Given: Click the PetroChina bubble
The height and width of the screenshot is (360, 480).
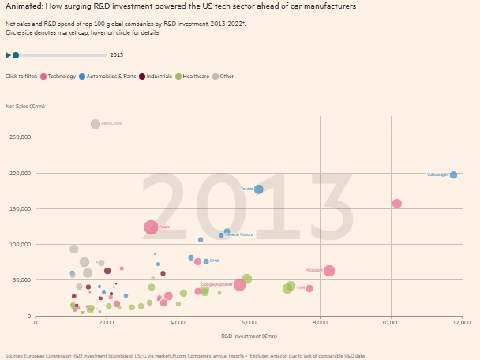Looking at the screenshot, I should coord(96,124).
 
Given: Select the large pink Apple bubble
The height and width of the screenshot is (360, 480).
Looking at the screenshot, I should coord(151,227).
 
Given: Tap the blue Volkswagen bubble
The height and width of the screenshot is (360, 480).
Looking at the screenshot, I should coord(453,174).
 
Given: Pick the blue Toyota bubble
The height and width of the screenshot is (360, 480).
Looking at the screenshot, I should coord(259,189).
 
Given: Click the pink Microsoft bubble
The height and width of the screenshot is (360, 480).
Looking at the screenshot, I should coord(329,271).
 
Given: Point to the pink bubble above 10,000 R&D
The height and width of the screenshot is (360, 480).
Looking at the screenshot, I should coord(397,204).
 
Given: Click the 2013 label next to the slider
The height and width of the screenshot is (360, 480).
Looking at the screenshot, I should coord(117,55).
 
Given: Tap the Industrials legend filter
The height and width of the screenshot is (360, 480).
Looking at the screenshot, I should coord(159,76).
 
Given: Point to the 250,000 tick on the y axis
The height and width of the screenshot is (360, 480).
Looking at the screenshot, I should coord(20,137).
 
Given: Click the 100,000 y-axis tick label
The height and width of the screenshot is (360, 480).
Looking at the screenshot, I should coord(20,244).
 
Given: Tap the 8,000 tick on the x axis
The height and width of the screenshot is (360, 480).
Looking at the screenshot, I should coord(320,323).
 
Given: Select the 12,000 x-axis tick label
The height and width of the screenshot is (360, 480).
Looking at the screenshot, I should coord(461,323).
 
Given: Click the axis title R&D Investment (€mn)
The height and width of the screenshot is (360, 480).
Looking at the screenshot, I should coord(248,336).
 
